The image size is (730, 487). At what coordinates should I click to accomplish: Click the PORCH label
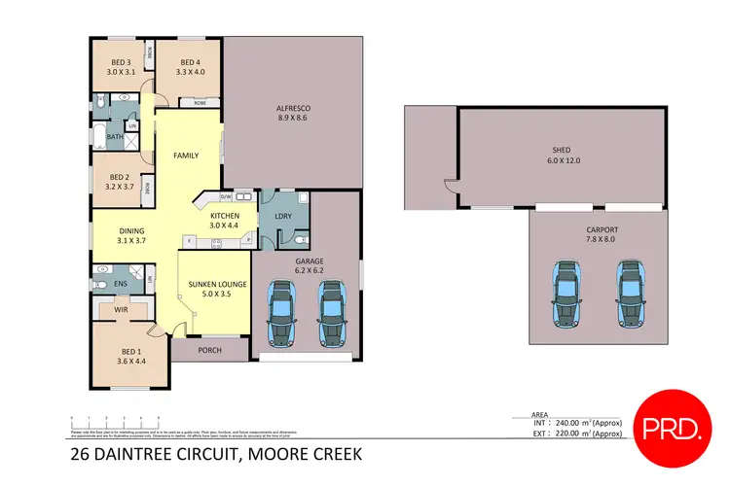pos(209,351)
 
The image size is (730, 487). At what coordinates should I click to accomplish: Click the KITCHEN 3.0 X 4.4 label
pos(225,220)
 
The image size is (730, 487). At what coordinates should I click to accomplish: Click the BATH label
pos(115,137)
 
